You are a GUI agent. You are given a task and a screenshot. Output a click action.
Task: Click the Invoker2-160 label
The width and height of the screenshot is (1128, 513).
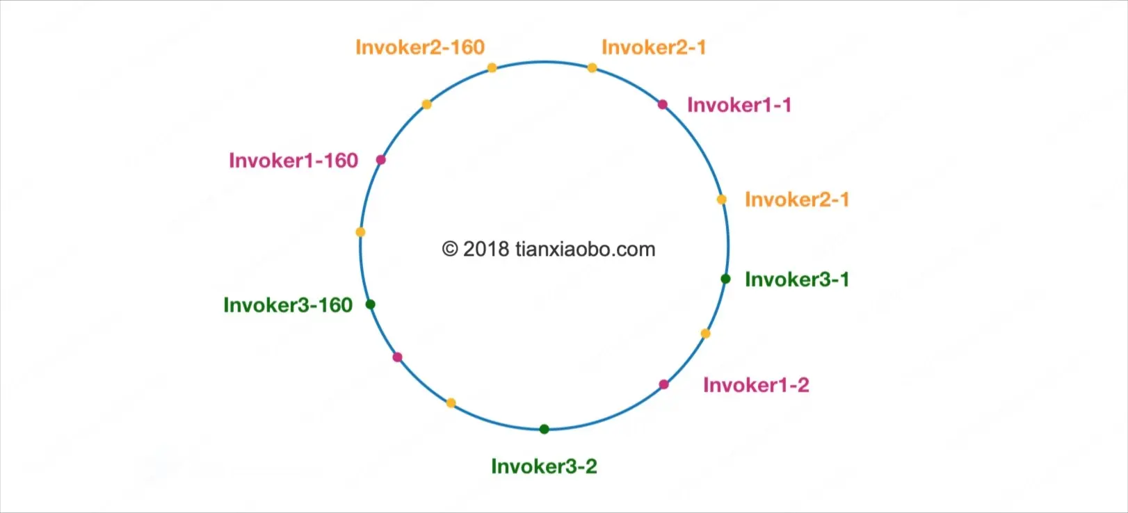click(419, 47)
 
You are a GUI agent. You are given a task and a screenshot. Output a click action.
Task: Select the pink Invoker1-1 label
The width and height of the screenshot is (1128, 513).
click(739, 105)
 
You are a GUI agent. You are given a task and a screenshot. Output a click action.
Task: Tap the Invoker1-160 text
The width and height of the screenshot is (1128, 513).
click(293, 161)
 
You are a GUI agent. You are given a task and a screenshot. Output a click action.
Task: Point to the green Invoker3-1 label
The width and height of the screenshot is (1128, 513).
click(796, 279)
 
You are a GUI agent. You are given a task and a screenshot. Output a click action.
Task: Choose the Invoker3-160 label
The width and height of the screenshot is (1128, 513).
click(287, 305)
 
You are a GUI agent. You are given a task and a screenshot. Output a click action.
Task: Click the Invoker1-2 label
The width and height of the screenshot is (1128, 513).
click(755, 385)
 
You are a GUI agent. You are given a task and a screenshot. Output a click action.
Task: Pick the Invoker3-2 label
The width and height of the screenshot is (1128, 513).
click(544, 466)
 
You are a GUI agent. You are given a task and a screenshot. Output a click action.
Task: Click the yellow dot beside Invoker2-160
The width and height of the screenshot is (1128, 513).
click(492, 67)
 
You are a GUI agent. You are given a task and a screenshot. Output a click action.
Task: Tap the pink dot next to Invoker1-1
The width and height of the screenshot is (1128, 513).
click(663, 104)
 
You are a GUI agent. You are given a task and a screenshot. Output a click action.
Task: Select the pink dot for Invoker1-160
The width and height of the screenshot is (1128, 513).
click(380, 160)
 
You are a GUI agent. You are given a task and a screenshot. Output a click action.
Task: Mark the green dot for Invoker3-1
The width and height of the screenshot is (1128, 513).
click(725, 279)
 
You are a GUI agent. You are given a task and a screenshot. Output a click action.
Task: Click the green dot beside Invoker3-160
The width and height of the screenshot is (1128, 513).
click(371, 304)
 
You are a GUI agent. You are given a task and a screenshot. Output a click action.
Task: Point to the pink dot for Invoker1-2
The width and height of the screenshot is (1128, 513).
click(664, 384)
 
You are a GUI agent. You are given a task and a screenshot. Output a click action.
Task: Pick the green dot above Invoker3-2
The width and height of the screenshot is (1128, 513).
click(544, 429)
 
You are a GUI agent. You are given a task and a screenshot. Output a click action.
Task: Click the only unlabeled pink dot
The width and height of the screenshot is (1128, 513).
click(397, 357)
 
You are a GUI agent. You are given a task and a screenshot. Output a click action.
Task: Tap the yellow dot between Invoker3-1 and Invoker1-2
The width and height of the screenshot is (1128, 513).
click(705, 334)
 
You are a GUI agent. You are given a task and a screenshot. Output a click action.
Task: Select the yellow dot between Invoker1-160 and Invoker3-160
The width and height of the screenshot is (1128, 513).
click(360, 231)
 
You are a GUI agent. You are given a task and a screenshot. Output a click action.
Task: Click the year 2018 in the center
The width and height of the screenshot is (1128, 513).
click(486, 249)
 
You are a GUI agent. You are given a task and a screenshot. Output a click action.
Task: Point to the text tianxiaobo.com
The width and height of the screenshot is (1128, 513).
click(585, 249)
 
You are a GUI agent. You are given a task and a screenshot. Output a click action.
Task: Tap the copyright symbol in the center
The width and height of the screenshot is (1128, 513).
click(450, 249)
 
